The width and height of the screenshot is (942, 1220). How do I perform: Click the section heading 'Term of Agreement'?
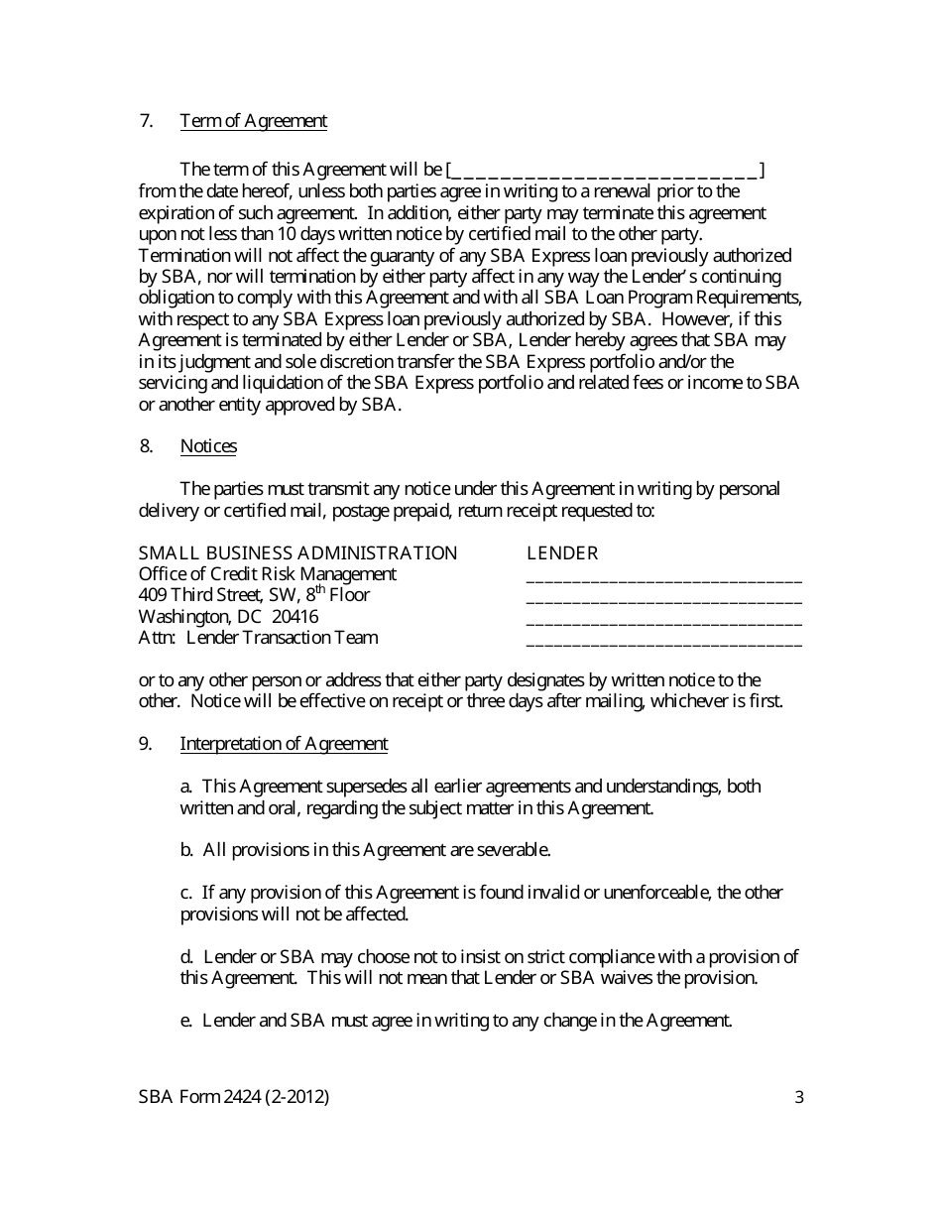pyautogui.click(x=253, y=121)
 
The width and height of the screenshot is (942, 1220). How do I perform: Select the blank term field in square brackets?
pyautogui.click(x=606, y=171)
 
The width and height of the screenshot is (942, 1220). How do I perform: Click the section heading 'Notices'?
pyautogui.click(x=208, y=446)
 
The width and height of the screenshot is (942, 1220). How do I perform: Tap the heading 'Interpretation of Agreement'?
pyautogui.click(x=284, y=744)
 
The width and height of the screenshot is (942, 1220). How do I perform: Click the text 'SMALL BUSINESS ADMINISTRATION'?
pyautogui.click(x=297, y=553)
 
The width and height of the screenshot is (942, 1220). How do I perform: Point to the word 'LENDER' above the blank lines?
pyautogui.click(x=562, y=553)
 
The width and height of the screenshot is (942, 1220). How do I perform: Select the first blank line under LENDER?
pyautogui.click(x=663, y=579)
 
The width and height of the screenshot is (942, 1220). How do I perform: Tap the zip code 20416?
pyautogui.click(x=294, y=617)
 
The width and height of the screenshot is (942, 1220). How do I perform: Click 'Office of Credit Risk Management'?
pyautogui.click(x=268, y=574)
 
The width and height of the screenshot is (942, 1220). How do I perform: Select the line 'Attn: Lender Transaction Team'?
pyautogui.click(x=258, y=638)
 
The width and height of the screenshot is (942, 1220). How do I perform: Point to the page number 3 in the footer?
pyautogui.click(x=799, y=1097)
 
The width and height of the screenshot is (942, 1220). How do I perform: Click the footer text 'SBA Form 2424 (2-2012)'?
pyautogui.click(x=234, y=1097)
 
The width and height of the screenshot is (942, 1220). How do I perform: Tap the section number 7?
pyautogui.click(x=146, y=121)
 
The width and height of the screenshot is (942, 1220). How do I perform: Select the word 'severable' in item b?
pyautogui.click(x=513, y=850)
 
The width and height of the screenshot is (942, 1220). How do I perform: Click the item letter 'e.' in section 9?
pyautogui.click(x=186, y=1020)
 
